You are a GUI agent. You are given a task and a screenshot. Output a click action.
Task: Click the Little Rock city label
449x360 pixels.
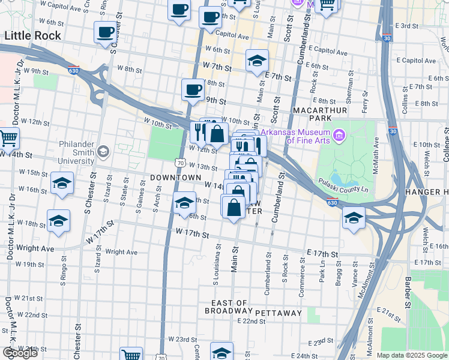[x=33, y=35]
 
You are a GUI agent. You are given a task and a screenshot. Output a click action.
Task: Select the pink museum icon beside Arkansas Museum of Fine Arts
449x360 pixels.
[x=339, y=136]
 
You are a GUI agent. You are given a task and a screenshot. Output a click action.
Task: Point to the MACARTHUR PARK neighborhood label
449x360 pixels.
[x=320, y=116]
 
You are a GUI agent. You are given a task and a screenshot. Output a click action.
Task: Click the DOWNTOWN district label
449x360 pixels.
[x=175, y=178]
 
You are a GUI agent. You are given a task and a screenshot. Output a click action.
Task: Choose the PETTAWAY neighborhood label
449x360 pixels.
[x=278, y=313]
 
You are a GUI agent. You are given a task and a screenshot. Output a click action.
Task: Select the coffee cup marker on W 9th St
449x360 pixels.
[x=193, y=89]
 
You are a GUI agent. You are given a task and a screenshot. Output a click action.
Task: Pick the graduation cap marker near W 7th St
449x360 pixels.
[x=257, y=61]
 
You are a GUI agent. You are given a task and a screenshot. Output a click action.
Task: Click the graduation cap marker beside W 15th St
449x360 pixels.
[x=62, y=184]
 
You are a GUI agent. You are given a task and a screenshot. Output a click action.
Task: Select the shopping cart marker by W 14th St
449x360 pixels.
[x=8, y=138]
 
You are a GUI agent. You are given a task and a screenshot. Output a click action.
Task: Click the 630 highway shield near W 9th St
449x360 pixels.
[x=74, y=70]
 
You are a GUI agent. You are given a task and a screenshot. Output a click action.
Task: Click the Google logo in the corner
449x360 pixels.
[x=20, y=352]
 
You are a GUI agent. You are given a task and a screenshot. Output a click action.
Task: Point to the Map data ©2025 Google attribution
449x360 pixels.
[x=411, y=355]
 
